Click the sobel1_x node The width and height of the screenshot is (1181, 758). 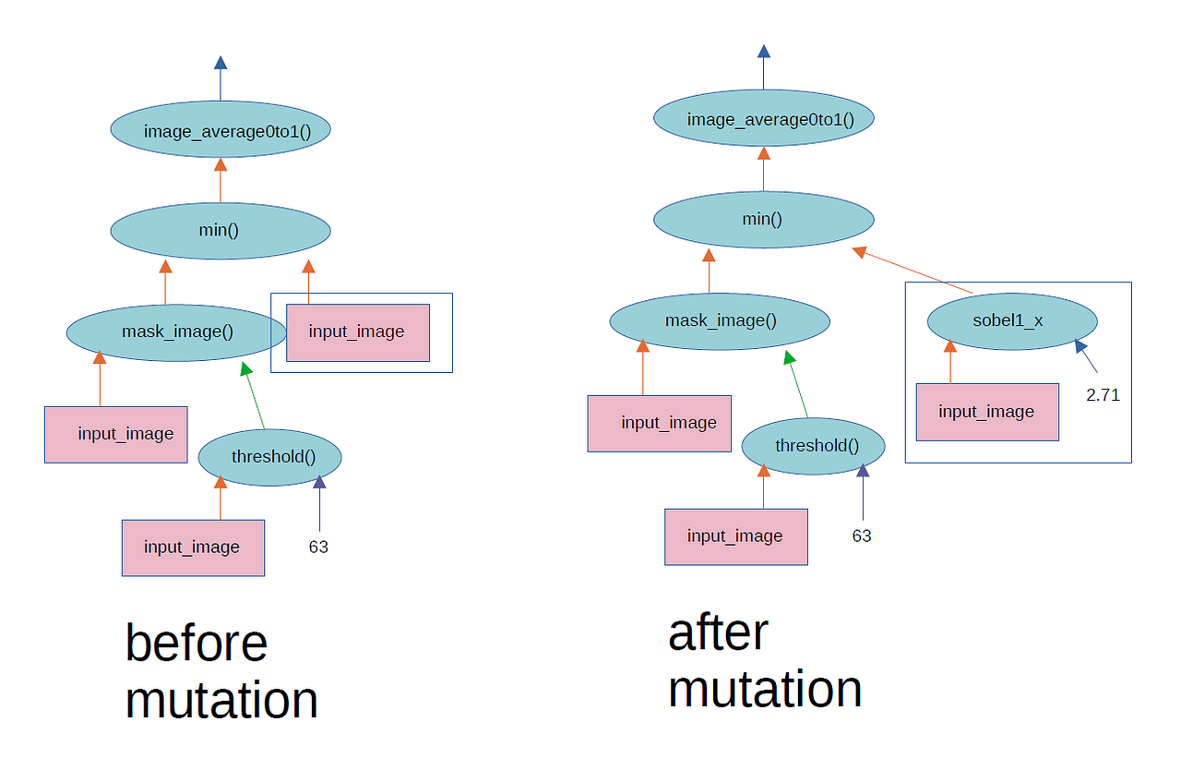pos(1011,320)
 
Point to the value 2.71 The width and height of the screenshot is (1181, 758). pos(1103,395)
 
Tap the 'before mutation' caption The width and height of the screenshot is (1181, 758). pos(221,671)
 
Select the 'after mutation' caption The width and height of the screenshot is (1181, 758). pos(765,661)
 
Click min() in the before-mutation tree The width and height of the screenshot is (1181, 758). pos(220,230)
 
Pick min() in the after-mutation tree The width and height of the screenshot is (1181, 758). pos(763,220)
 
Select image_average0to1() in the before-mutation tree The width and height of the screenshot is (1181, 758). pos(221,131)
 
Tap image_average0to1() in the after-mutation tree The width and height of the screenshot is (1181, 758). pos(763,119)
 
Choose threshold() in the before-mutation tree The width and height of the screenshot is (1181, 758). pos(270,456)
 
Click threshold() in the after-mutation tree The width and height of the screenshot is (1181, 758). pos(813,446)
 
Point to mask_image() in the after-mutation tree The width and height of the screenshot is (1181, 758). pos(720,320)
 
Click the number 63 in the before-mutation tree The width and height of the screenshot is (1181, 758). pos(318,547)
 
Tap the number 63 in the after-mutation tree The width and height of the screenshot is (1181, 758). pos(862,536)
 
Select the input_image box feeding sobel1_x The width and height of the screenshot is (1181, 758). pos(986,412)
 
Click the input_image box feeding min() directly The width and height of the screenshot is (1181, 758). pos(357,332)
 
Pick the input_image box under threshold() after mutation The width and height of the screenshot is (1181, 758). pos(735,536)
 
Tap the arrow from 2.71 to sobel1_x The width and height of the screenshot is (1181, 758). pos(1086,356)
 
